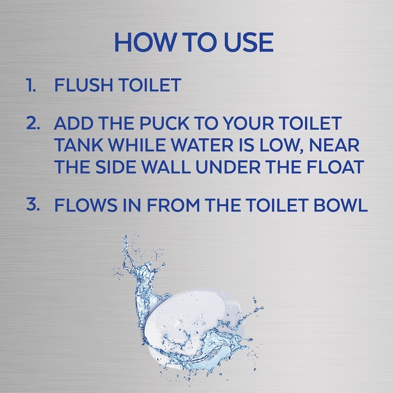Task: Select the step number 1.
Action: point(31,85)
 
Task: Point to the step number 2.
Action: point(33,123)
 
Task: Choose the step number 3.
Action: point(33,204)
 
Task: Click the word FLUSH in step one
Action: point(84,85)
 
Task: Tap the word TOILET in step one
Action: point(150,85)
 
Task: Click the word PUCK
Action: point(164,123)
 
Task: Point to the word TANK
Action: point(79,145)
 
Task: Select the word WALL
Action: point(166,167)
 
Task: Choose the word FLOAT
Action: point(335,167)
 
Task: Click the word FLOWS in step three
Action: point(86,205)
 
